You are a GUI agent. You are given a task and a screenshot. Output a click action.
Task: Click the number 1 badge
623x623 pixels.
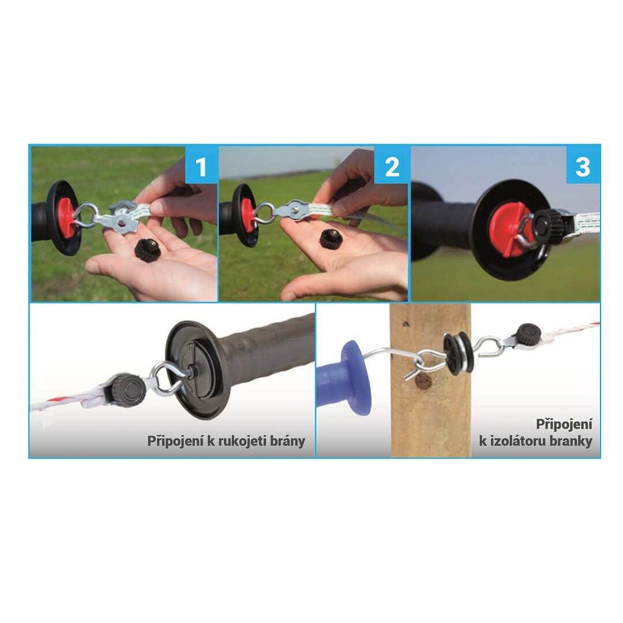[201, 166]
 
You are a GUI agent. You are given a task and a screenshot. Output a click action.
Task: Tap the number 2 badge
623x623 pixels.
[392, 166]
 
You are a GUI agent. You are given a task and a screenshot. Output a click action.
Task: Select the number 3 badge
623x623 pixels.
[583, 166]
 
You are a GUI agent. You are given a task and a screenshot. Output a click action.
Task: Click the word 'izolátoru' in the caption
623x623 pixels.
[517, 441]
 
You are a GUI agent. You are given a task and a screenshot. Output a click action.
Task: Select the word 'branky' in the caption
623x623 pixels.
[571, 441]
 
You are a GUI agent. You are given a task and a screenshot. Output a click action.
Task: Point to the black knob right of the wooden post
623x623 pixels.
[529, 332]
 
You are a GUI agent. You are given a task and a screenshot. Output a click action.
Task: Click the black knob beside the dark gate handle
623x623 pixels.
[128, 388]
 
